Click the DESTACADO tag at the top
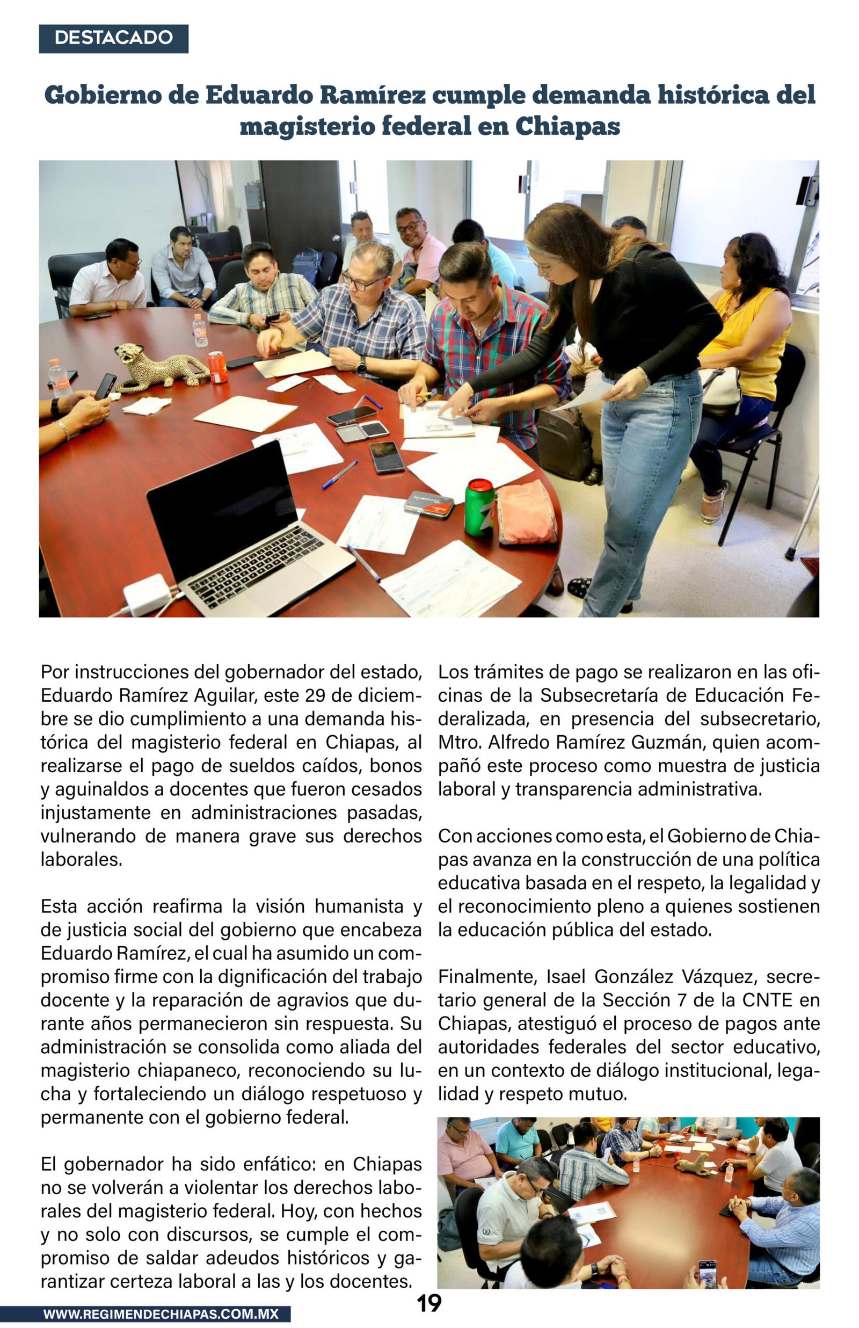point(114,38)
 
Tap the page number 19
point(429,1303)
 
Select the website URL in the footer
point(161,1314)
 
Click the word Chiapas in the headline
point(567,126)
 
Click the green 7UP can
point(479,507)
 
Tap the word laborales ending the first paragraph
point(81,860)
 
